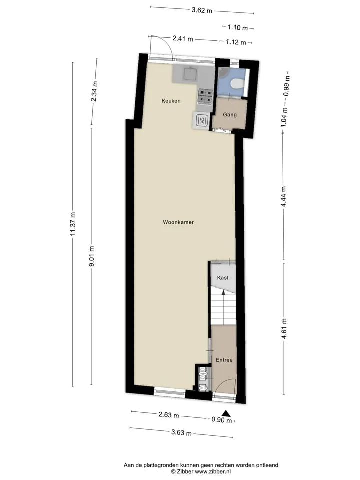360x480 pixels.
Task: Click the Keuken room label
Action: [x=171, y=101]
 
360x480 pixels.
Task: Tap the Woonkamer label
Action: [x=178, y=222]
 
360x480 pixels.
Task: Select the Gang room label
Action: [x=230, y=115]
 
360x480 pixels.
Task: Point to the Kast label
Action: [x=223, y=278]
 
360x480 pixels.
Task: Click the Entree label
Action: [x=224, y=360]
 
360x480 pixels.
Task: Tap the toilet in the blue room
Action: [x=236, y=83]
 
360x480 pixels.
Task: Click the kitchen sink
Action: [x=190, y=74]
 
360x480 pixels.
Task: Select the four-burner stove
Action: [x=205, y=96]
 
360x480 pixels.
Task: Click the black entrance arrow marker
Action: [x=226, y=413]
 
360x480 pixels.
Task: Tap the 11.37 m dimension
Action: [x=73, y=224]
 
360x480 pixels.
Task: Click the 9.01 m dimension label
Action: [x=92, y=256]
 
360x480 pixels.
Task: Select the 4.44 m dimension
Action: [x=284, y=197]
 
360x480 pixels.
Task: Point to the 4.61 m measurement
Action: [x=284, y=328]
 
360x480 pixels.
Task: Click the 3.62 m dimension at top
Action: [x=202, y=10]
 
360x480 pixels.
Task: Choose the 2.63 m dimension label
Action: [x=169, y=415]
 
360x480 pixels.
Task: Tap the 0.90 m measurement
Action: [x=222, y=420]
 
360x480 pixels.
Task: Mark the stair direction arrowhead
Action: [x=224, y=292]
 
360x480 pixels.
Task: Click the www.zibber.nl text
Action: [x=213, y=471]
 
